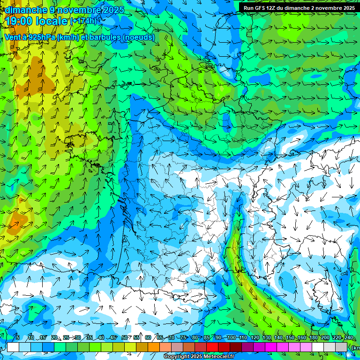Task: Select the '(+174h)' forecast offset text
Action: (83, 21)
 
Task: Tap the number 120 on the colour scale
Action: (255, 337)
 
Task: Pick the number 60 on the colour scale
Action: (148, 337)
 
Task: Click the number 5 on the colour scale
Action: (18, 337)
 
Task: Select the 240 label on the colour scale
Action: (349, 337)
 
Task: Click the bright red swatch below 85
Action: (212, 347)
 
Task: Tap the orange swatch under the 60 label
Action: (154, 347)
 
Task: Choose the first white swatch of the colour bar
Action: (13, 347)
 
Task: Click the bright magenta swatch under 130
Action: (271, 347)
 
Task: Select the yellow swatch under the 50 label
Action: (130, 347)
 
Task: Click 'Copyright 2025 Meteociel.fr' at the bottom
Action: (199, 357)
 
